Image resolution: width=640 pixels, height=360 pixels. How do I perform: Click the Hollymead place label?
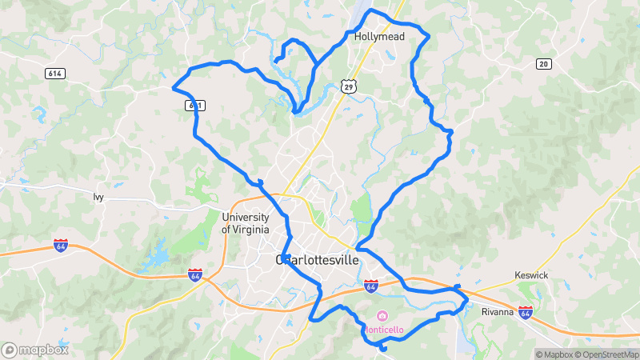coord(379,37)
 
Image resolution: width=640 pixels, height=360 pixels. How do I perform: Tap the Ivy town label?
coord(98,197)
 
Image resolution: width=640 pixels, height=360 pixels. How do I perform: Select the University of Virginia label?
coord(251,223)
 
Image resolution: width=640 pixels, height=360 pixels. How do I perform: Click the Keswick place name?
coord(530,276)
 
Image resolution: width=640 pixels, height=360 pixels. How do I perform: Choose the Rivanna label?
coord(497,312)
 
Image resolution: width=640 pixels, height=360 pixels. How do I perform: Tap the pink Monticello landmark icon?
coord(382,315)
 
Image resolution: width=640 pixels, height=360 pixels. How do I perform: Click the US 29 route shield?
coord(346,85)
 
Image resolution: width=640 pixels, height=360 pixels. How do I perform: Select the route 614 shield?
coord(54,74)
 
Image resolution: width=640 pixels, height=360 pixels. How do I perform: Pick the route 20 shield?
coord(544,64)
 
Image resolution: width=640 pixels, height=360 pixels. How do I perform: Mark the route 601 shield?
coord(194,105)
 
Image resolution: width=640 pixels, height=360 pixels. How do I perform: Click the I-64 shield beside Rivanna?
coord(526,311)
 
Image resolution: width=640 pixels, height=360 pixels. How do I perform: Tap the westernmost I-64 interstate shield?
coord(61,245)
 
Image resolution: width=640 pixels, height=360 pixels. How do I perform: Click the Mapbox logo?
coord(34,350)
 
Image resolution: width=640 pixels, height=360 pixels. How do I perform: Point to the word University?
coord(251,218)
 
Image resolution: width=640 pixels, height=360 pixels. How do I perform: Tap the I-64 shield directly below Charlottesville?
coord(370,285)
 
